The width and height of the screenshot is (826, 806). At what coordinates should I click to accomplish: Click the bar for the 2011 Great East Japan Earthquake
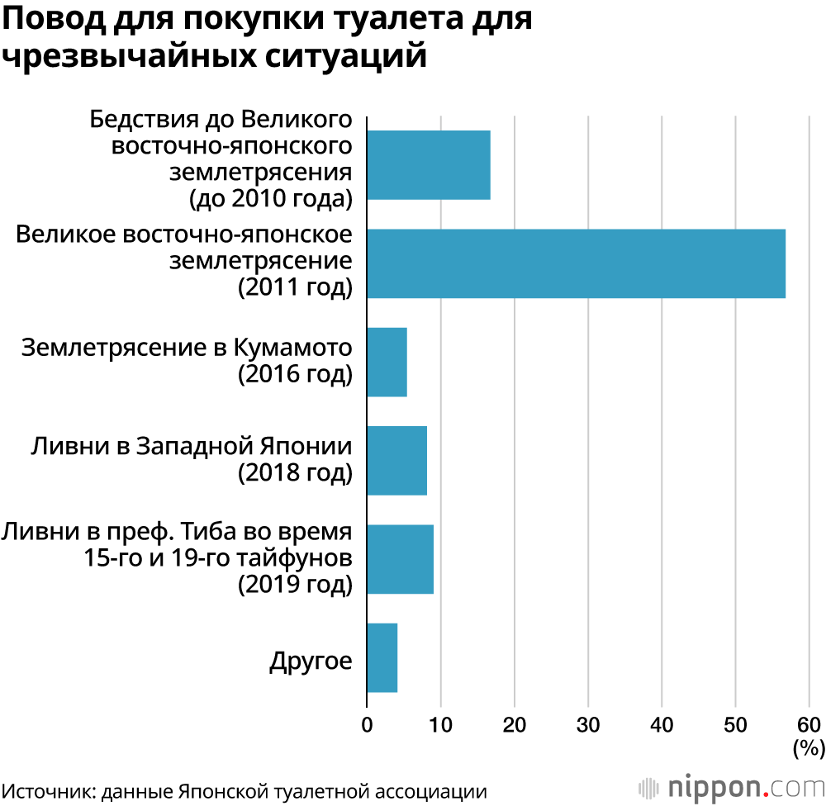point(576,263)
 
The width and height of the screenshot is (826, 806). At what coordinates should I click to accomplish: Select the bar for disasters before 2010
point(428,165)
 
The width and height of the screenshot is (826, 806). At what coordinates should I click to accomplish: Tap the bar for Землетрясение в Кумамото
point(387,362)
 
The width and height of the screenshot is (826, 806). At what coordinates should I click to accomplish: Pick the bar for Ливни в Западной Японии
point(396,460)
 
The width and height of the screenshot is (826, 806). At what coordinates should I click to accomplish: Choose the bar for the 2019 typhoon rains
point(400,558)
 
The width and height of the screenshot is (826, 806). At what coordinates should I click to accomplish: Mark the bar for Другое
point(382,657)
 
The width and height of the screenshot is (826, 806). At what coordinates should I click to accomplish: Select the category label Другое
point(311,661)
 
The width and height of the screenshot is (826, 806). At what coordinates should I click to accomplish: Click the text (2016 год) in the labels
point(295,374)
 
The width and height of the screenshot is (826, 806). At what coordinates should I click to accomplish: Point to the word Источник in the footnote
point(49,788)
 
